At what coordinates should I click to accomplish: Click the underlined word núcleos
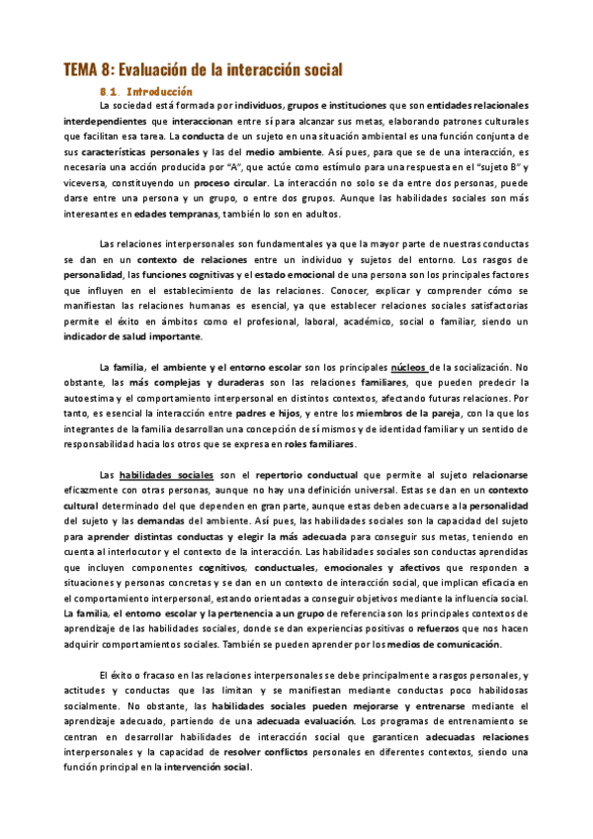[x=411, y=369]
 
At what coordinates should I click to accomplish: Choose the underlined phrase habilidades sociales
[x=166, y=476]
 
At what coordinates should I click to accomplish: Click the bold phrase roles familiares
[x=316, y=445]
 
